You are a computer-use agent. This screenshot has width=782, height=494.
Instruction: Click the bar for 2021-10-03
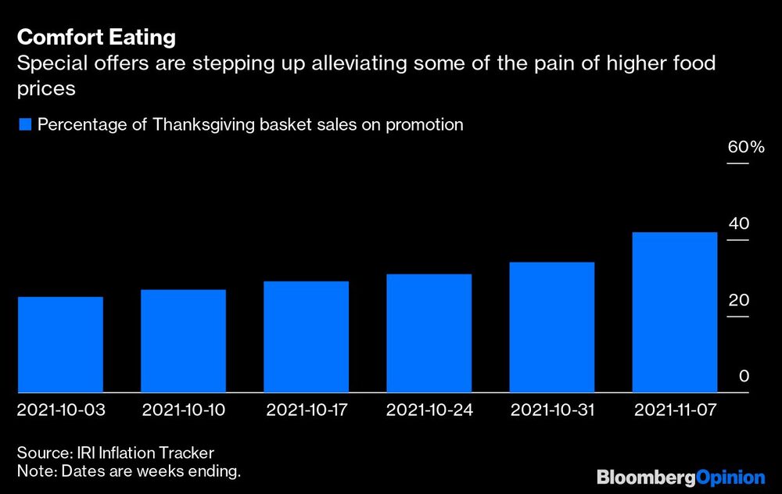(x=60, y=345)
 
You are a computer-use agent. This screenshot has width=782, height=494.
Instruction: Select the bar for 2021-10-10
(x=183, y=341)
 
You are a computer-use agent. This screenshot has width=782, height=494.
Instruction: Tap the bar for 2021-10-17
(x=306, y=337)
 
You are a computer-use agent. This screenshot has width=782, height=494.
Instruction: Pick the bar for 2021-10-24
(x=429, y=333)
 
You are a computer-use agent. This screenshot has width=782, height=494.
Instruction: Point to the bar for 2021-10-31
(x=552, y=327)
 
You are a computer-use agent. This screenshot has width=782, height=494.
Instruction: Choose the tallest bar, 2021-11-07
(x=675, y=312)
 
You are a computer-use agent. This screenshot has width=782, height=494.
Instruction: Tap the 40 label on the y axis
(x=739, y=224)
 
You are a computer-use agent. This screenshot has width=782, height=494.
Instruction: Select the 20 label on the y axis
(x=739, y=300)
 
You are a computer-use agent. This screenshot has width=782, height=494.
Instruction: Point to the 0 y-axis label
(x=744, y=376)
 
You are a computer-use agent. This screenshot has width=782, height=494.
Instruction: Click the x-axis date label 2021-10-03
(x=61, y=410)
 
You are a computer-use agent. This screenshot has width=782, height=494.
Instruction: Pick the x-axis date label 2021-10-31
(x=552, y=410)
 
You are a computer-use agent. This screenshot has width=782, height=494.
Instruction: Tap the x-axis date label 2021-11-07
(x=675, y=410)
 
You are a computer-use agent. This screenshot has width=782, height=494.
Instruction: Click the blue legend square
(x=25, y=124)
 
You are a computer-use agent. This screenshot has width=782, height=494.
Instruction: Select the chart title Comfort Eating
(x=96, y=38)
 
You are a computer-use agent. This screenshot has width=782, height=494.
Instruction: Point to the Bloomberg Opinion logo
(x=680, y=477)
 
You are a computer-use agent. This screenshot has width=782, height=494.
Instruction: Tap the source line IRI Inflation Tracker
(x=116, y=453)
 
